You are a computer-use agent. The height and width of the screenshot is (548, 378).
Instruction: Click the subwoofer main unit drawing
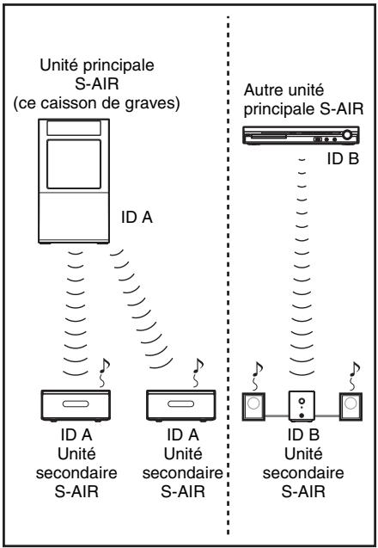(74, 181)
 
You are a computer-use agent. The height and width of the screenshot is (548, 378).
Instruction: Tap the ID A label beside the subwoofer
(137, 218)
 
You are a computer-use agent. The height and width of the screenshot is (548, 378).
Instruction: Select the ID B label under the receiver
(343, 159)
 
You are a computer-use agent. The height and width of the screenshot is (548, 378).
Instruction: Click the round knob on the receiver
(347, 135)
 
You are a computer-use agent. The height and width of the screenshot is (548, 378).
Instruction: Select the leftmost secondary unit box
(76, 405)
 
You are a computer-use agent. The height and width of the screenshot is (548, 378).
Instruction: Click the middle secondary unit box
(180, 405)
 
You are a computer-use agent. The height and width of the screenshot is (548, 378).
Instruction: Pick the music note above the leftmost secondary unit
(104, 373)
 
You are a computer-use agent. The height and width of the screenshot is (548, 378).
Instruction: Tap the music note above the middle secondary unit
(198, 373)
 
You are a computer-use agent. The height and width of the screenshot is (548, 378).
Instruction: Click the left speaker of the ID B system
(253, 406)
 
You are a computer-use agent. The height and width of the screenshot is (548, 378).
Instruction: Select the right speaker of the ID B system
(351, 406)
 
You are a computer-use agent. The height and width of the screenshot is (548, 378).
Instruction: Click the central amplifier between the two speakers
(302, 406)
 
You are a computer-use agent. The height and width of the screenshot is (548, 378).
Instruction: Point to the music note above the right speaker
(354, 375)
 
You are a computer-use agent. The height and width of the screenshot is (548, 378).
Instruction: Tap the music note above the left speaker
(257, 375)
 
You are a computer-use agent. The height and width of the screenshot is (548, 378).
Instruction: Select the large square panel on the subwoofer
(74, 164)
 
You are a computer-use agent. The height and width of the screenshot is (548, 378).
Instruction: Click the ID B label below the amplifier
(303, 434)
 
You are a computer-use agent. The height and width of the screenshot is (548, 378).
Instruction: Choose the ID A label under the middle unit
(182, 434)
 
